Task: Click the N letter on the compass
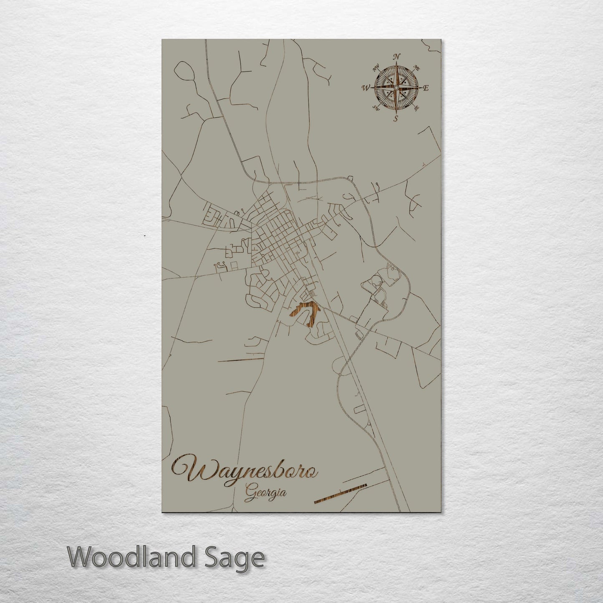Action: pyautogui.click(x=397, y=57)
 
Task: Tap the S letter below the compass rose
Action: pyautogui.click(x=395, y=119)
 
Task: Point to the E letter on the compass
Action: pyautogui.click(x=426, y=88)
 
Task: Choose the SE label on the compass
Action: pyautogui.click(x=416, y=108)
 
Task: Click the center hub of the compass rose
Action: pyautogui.click(x=396, y=88)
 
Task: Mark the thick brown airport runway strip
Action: pyautogui.click(x=340, y=493)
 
